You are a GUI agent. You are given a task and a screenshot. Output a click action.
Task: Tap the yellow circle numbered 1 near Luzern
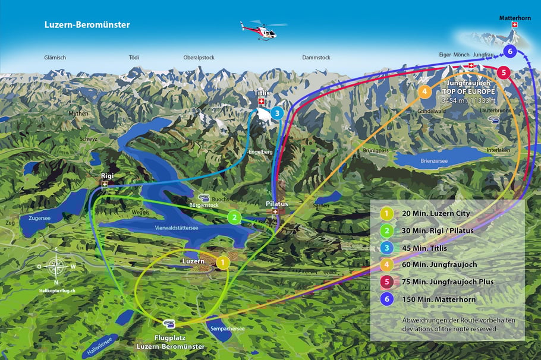[x=222, y=261]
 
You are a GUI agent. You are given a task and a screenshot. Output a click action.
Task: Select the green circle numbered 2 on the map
[x=235, y=217]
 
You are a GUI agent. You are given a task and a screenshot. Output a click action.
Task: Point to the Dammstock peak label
[x=316, y=58]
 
